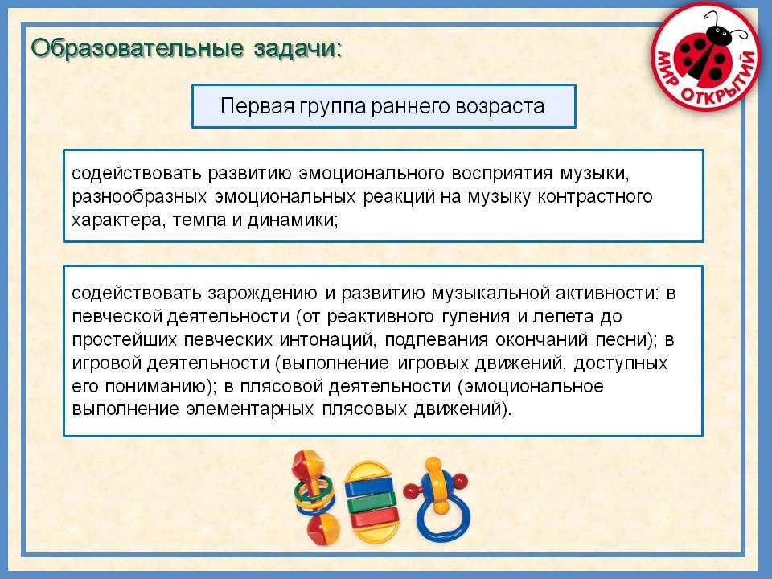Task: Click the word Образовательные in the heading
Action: point(138,48)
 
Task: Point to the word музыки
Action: point(594,174)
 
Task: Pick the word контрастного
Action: point(595,197)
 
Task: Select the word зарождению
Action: point(262,294)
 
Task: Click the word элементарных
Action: point(250,409)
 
